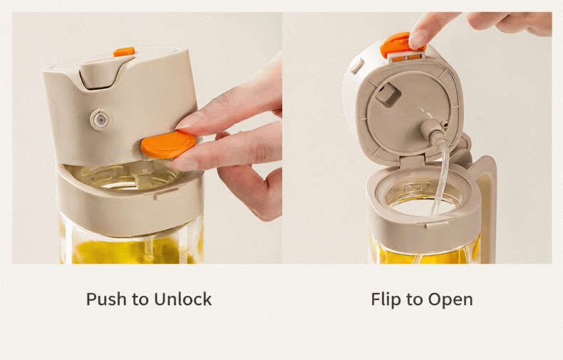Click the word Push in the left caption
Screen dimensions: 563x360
click(x=107, y=299)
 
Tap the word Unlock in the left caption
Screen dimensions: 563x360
click(x=182, y=299)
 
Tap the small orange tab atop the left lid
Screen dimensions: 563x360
click(x=124, y=52)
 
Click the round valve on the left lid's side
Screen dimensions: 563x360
click(x=100, y=119)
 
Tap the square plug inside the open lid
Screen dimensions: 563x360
click(x=387, y=95)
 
